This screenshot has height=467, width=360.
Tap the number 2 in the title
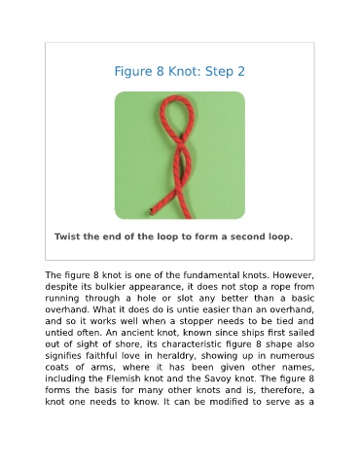[x=241, y=71]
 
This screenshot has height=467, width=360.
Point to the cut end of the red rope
[x=152, y=212]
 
